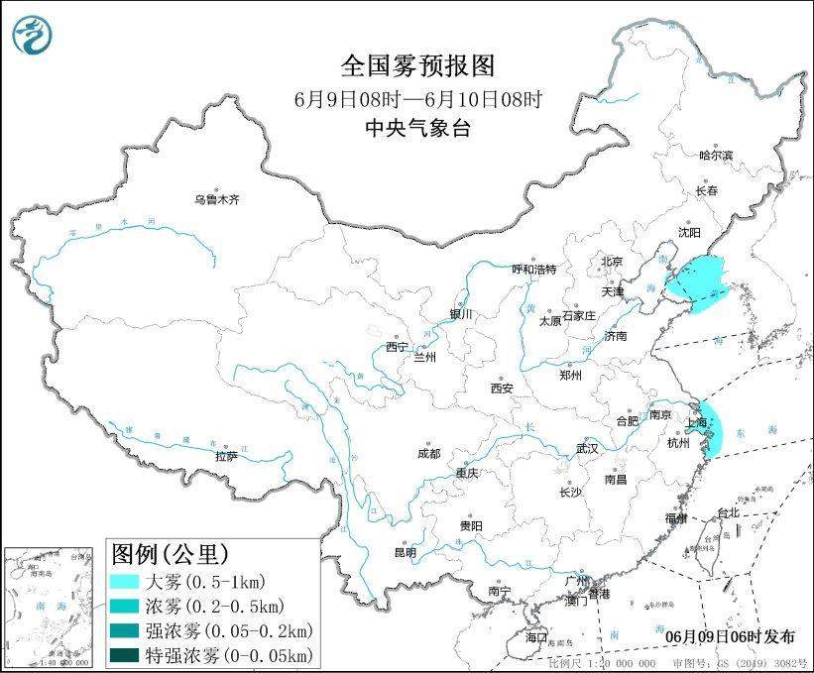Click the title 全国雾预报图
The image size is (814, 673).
coord(417,66)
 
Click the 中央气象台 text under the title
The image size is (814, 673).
coord(417,126)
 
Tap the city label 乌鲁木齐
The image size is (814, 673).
coord(217,199)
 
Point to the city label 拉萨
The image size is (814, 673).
coord(226,456)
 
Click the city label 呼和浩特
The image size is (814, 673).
coord(533,269)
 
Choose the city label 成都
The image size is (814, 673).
coord(428,453)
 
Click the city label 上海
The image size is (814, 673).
coord(697,422)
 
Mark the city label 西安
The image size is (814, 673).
coord(501,389)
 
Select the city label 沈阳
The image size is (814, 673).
coord(689,232)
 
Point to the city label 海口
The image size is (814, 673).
coord(536,635)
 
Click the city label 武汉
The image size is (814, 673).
coord(587,448)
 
